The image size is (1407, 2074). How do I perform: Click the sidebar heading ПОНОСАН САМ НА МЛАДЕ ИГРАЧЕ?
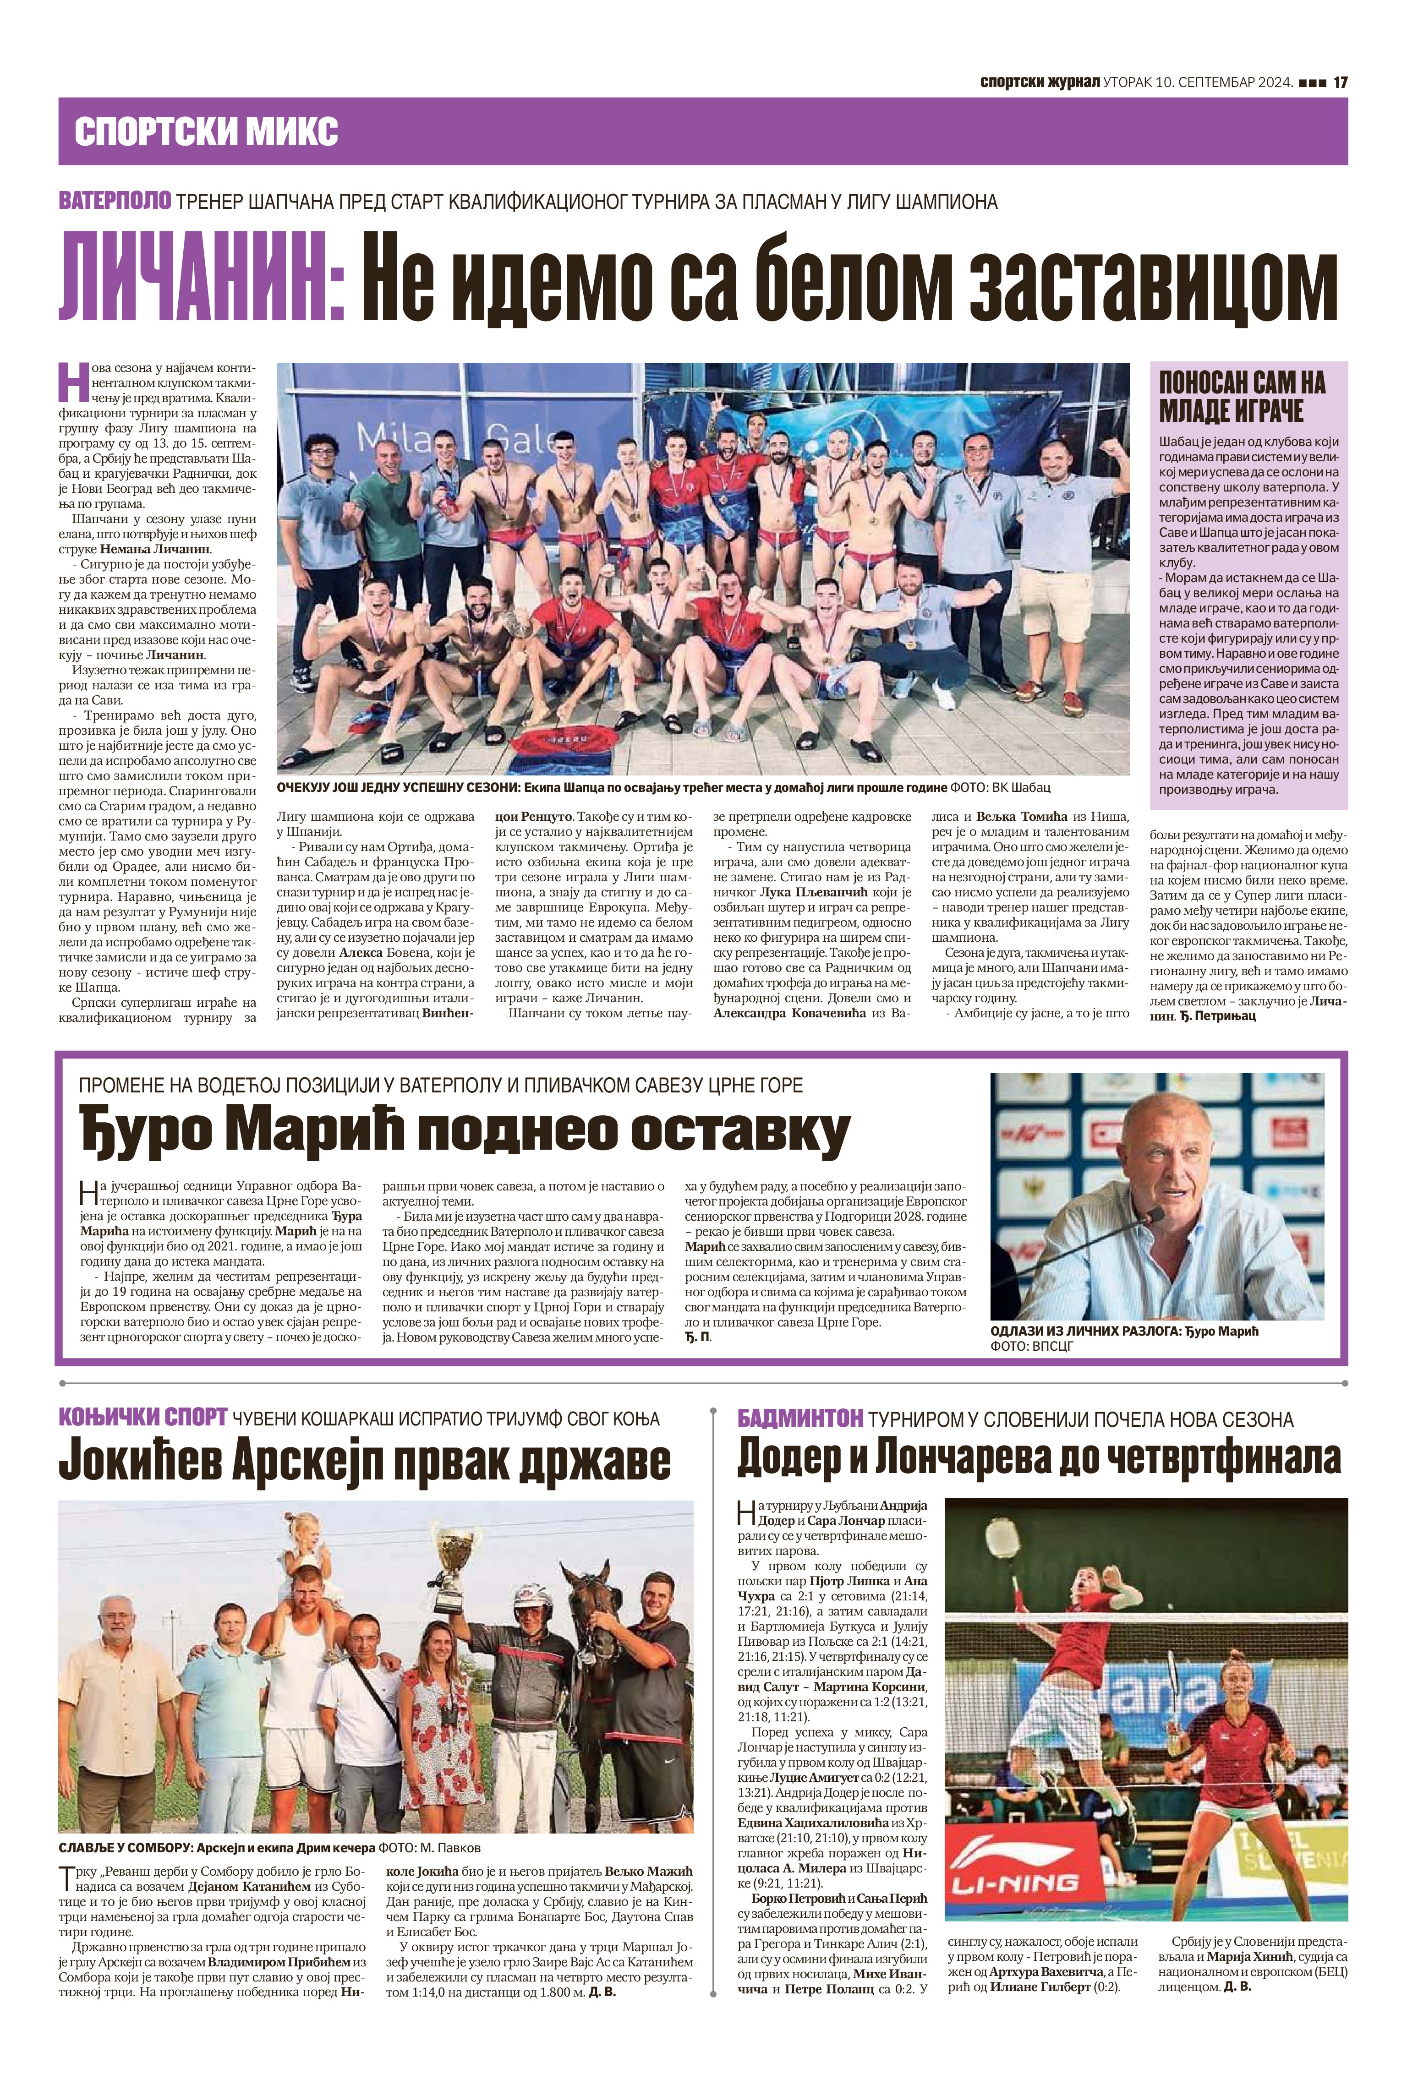(x=1243, y=397)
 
